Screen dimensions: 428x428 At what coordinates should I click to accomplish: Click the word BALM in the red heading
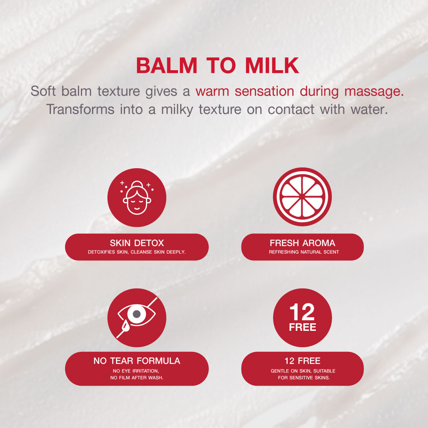[166, 65]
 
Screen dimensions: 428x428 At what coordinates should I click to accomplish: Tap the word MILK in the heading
[272, 65]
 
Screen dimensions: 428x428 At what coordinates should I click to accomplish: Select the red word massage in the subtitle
[374, 92]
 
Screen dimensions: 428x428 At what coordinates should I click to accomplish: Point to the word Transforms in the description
[80, 110]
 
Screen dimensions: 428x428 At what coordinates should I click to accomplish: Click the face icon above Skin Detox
[137, 198]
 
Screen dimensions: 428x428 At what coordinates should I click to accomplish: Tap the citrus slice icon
[303, 197]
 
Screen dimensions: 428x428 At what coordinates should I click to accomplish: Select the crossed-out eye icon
[137, 318]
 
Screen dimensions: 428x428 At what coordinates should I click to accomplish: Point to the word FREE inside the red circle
[303, 327]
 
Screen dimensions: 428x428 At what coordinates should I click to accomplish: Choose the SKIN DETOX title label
[137, 243]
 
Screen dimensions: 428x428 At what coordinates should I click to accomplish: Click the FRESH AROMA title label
[303, 243]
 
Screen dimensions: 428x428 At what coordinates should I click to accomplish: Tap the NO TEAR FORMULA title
[137, 361]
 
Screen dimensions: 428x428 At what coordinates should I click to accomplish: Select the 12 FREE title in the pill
[303, 361]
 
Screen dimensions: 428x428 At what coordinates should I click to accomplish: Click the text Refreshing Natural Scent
[304, 252]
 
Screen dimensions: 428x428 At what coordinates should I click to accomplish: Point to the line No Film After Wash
[137, 378]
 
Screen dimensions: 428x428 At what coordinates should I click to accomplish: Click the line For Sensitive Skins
[304, 378]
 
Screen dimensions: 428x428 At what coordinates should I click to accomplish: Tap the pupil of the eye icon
[137, 314]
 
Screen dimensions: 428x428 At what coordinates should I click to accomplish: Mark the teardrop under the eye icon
[126, 325]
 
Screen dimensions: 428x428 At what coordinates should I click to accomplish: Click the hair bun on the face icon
[137, 184]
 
